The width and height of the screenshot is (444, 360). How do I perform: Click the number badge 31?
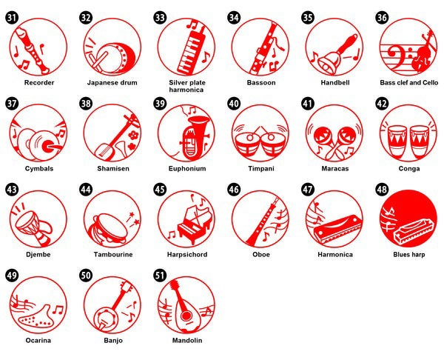(x=12, y=18)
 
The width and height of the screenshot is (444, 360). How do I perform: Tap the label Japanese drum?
(x=112, y=83)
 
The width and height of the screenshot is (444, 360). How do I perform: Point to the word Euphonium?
(x=187, y=169)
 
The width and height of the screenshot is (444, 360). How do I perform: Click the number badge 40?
(x=234, y=104)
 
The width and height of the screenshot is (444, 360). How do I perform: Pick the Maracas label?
(x=335, y=169)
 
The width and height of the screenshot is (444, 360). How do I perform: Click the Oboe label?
(x=261, y=255)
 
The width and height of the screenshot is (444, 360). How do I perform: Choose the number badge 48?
(x=382, y=190)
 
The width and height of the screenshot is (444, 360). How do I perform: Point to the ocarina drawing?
(x=35, y=316)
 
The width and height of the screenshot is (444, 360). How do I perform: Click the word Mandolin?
(x=187, y=341)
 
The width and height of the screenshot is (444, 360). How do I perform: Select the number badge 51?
(x=160, y=276)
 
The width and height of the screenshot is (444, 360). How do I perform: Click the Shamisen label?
(x=113, y=169)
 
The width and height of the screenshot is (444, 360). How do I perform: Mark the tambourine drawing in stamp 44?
(x=109, y=227)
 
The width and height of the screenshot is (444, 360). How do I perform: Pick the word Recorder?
(x=39, y=83)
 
